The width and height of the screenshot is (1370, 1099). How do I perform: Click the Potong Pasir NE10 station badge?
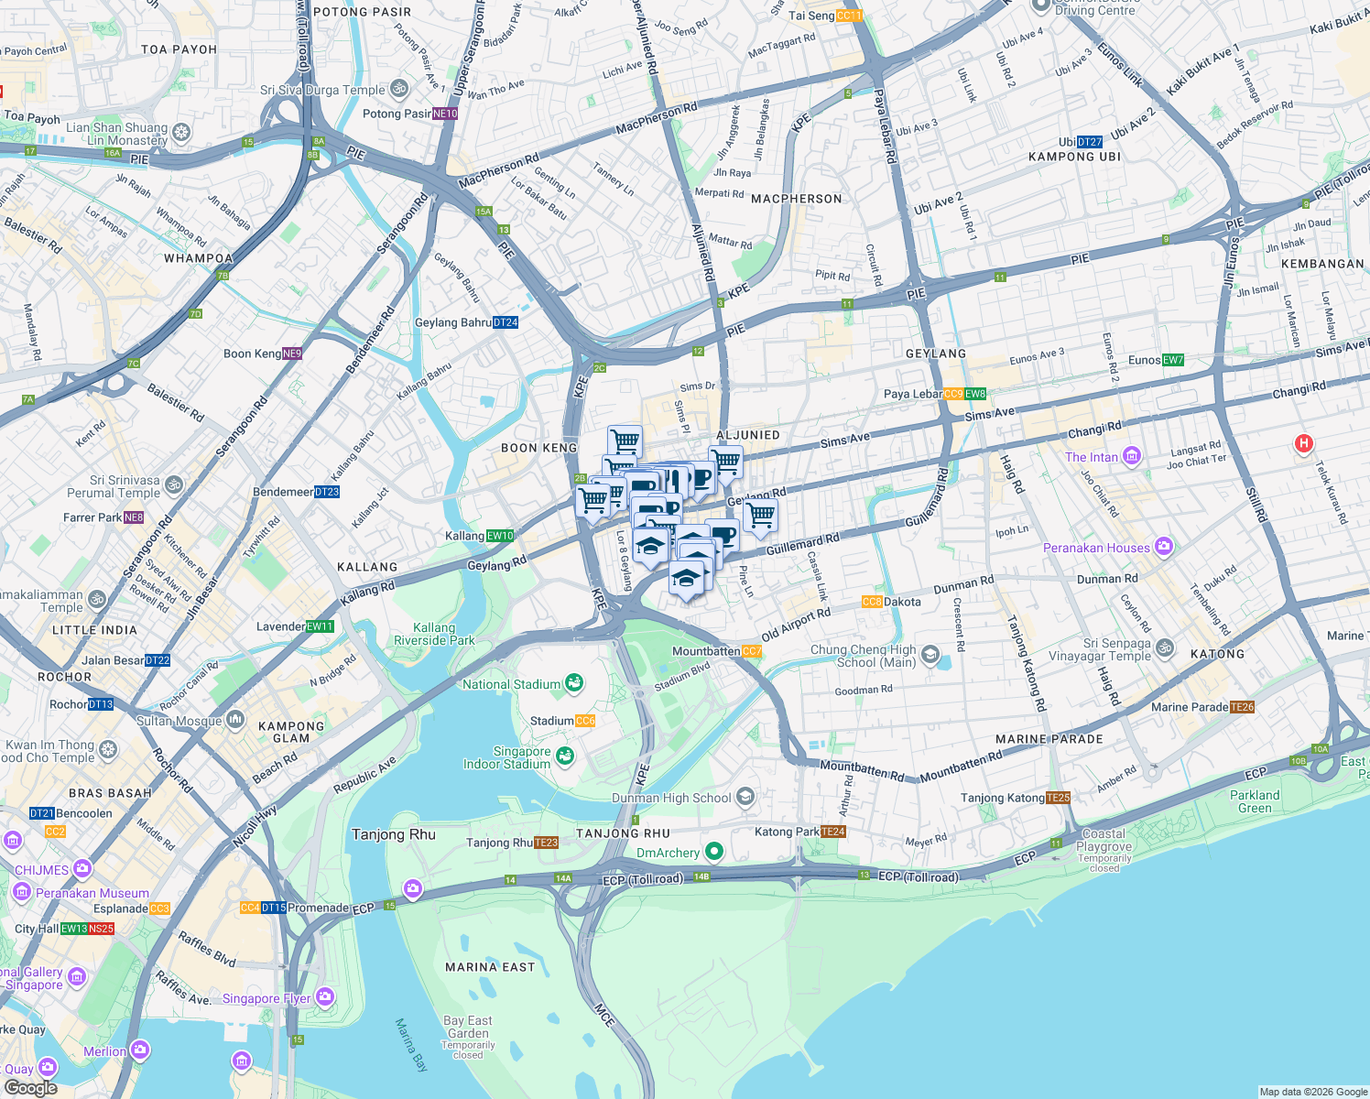445,114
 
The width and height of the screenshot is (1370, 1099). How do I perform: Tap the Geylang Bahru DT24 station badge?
506,322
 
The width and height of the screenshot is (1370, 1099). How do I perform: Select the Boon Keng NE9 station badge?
292,354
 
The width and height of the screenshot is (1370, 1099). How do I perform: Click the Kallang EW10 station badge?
500,536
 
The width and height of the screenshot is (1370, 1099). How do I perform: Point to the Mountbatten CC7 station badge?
752,651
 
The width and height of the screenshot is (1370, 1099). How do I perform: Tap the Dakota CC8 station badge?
872,602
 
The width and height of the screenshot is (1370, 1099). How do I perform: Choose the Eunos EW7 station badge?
1173,360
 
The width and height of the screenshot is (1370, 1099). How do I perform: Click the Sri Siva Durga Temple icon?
398,89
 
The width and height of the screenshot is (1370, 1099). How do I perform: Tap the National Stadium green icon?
574,682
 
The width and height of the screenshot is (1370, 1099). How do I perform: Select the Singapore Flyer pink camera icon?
324,996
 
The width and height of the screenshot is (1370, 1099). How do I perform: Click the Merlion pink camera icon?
139,1050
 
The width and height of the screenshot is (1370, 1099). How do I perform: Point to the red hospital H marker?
1303,444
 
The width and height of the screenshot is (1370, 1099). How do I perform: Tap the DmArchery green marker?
713,853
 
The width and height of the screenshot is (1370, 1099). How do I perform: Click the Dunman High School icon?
745,797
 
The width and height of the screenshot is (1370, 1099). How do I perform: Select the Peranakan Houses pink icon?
1163,547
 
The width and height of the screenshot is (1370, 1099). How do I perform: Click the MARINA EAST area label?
489,967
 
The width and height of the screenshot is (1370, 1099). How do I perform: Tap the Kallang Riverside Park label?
434,634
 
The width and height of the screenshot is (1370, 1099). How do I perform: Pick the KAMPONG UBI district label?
1074,157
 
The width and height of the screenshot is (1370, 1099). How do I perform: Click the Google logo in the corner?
31,1087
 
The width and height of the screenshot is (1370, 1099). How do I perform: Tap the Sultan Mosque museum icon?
235,720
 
